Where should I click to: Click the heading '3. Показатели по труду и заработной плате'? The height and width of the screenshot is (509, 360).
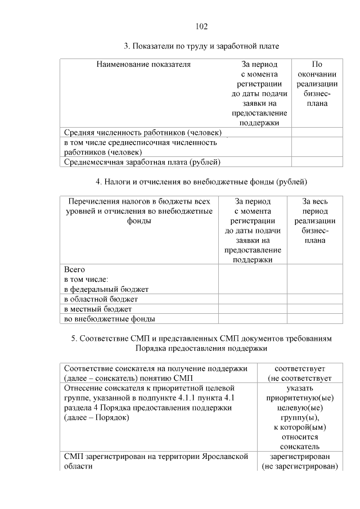pyautogui.click(x=201, y=46)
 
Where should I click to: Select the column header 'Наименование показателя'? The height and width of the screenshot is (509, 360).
pyautogui.click(x=143, y=64)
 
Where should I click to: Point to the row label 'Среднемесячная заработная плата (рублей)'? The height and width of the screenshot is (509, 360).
pyautogui.click(x=142, y=162)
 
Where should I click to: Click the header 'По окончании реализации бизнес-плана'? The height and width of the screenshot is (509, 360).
pyautogui.click(x=317, y=84)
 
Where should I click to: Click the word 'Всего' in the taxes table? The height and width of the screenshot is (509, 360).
pyautogui.click(x=74, y=269)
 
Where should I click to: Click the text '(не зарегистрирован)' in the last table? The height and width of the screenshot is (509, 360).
pyautogui.click(x=299, y=467)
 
